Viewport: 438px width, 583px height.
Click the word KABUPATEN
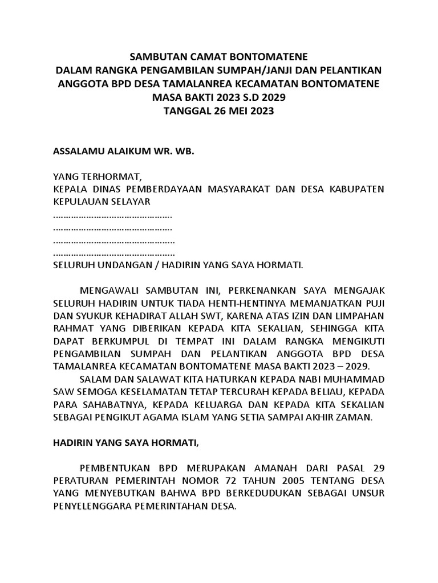[x=356, y=190]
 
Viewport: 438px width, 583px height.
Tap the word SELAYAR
[x=131, y=203]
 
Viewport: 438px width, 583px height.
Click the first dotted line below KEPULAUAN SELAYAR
[x=112, y=216]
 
